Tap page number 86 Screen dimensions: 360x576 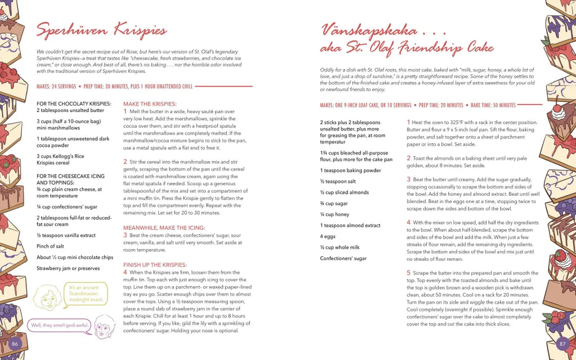pos(15,343)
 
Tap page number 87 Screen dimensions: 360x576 pos(561,343)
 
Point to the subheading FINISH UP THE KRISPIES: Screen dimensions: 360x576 pos(155,265)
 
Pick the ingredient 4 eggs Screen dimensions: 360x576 pos(328,236)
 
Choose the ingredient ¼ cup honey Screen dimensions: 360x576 pos(335,214)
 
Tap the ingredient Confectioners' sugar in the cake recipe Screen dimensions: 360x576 pos(343,258)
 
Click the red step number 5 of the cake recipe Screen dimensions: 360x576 pos(409,273)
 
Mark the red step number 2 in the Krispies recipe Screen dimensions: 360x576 pos(125,161)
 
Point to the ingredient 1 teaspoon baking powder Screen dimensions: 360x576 pos(350,170)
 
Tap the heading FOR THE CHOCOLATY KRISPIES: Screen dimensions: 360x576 pos(74,104)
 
